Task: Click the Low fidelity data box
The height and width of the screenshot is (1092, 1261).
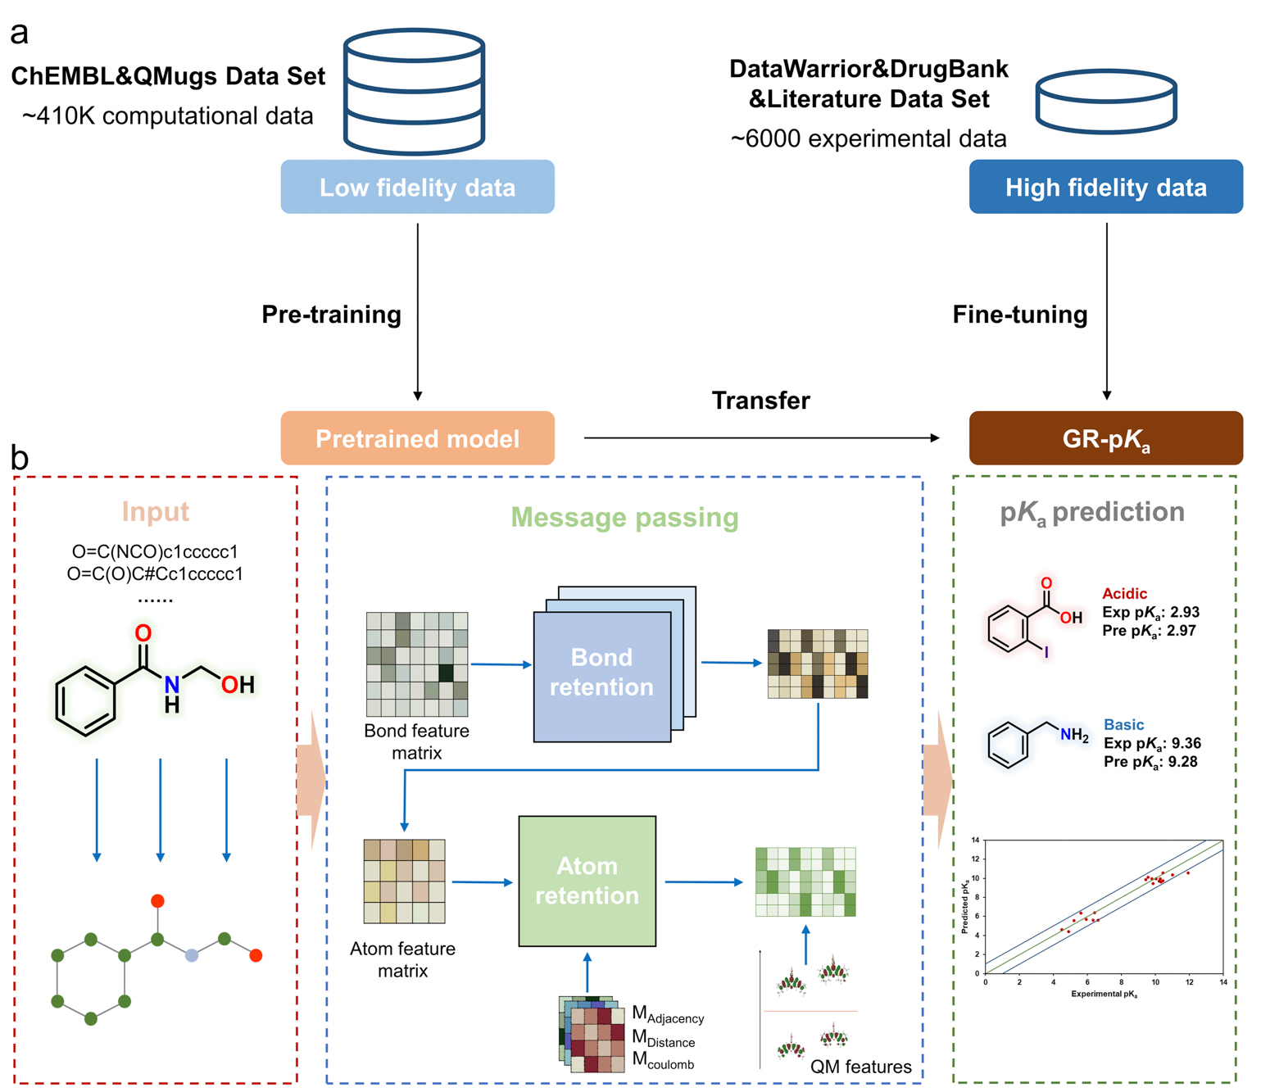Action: (x=417, y=188)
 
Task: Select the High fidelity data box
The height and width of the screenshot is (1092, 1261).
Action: (x=1105, y=188)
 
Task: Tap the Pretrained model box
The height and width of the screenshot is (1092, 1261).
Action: (x=417, y=438)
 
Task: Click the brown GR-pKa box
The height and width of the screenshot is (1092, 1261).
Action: (x=1105, y=439)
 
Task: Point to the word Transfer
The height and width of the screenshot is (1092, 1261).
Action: (x=760, y=401)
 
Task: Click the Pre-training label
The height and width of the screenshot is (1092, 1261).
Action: (x=331, y=315)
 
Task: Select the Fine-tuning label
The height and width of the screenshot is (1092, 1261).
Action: (x=1019, y=315)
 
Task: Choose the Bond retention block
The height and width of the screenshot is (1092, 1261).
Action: (x=601, y=673)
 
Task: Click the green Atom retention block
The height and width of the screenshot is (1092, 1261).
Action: (x=587, y=881)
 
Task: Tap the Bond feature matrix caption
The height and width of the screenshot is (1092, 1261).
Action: (x=416, y=741)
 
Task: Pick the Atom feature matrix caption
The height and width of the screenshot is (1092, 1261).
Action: (x=402, y=959)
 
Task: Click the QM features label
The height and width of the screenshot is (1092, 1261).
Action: (x=860, y=1067)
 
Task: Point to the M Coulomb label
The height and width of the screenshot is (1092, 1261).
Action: (x=663, y=1062)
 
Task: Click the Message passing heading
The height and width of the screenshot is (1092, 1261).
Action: (x=624, y=518)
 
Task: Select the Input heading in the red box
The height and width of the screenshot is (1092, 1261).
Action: (x=155, y=512)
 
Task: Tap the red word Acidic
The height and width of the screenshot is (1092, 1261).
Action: (x=1124, y=594)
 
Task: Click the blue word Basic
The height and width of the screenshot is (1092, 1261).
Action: (x=1123, y=725)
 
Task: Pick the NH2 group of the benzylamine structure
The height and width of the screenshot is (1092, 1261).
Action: (x=1073, y=735)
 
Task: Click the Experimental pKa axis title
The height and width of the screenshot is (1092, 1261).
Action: (x=1104, y=995)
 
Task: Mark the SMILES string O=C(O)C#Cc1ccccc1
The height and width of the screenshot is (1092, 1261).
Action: (x=155, y=574)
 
